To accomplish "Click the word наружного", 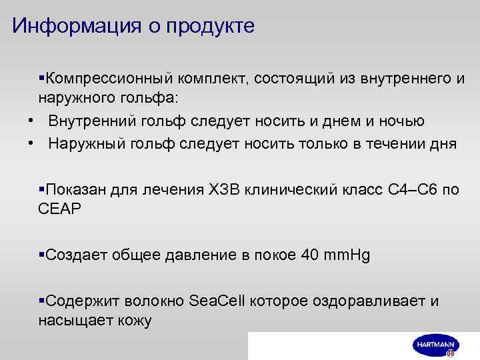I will point(72,98).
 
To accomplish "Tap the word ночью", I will point(400,121).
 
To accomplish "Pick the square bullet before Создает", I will point(41,255).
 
